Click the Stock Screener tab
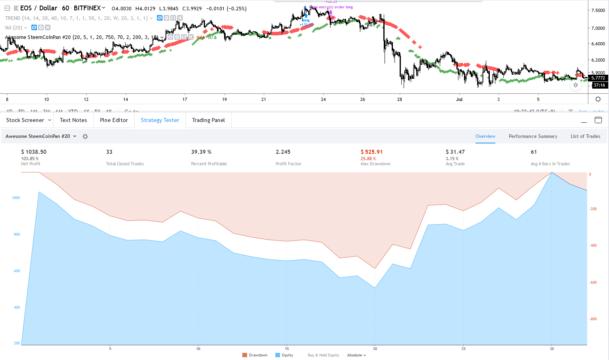click(x=25, y=120)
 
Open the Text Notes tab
click(x=73, y=120)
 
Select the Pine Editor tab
click(x=114, y=120)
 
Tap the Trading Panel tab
click(x=209, y=120)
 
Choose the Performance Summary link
click(x=533, y=136)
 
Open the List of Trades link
click(x=585, y=136)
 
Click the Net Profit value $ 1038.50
click(x=34, y=152)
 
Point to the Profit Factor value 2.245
click(x=283, y=152)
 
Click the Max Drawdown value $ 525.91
click(x=371, y=152)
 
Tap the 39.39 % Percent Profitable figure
click(x=201, y=152)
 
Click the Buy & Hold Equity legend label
click(x=323, y=355)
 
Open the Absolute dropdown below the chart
click(x=356, y=355)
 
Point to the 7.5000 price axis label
click(x=598, y=10)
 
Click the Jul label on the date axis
click(x=459, y=99)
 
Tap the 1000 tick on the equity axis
click(x=16, y=197)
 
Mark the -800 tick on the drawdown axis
click(x=593, y=319)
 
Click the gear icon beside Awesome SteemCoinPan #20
click(x=85, y=136)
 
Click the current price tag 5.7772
click(x=598, y=78)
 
